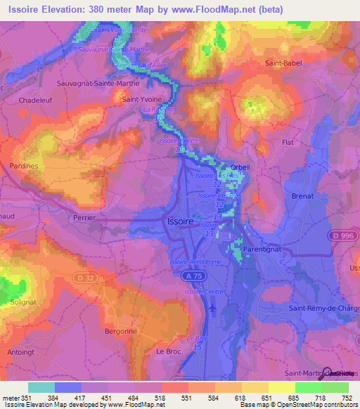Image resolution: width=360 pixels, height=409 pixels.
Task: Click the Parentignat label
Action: click(263, 249)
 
